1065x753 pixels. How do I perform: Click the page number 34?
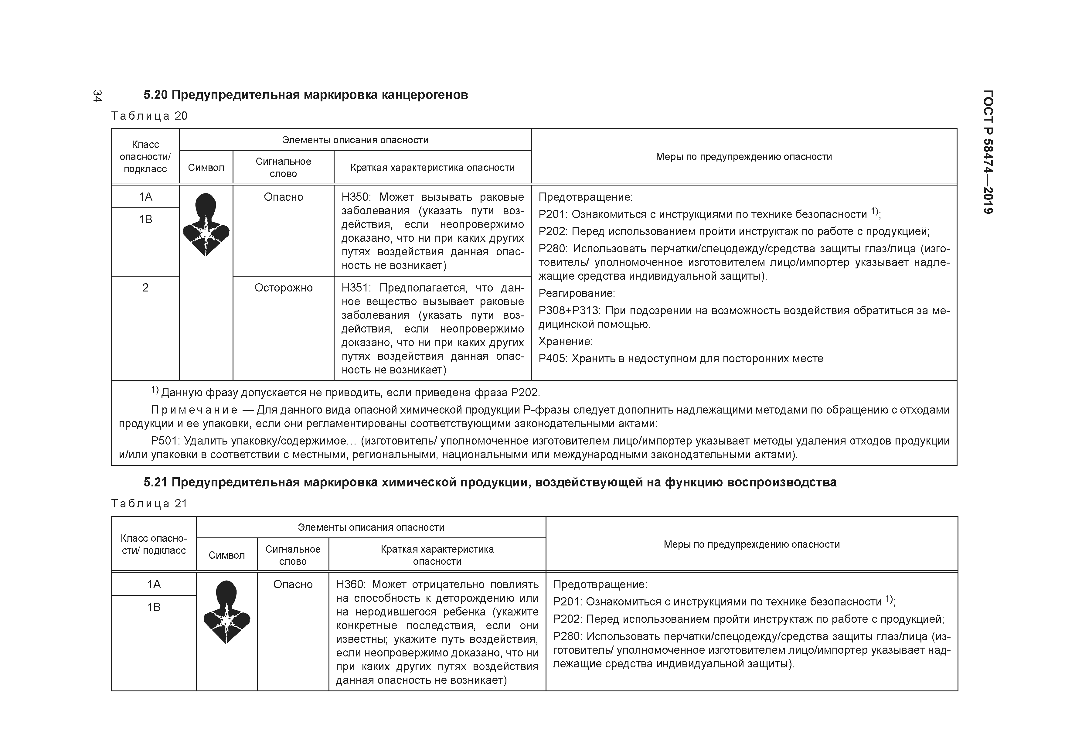(97, 96)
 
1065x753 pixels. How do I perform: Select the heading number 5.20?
(155, 95)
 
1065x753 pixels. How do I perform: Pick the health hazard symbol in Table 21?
(226, 612)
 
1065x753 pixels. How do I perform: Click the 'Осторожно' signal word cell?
(284, 288)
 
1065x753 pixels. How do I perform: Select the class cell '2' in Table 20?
(145, 288)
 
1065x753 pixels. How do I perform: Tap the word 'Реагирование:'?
(577, 293)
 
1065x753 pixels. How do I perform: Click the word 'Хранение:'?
(565, 342)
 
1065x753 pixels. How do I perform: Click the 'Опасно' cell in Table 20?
(284, 197)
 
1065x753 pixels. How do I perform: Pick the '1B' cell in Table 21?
(154, 607)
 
